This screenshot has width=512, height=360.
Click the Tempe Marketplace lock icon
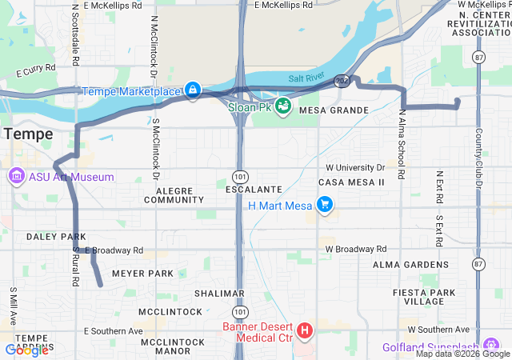point(193,90)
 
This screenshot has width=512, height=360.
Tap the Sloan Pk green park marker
point(282,105)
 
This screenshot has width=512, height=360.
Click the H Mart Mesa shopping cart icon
point(324,206)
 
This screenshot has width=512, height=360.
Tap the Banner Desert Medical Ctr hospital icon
point(304,330)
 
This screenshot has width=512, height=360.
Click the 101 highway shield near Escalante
point(241,174)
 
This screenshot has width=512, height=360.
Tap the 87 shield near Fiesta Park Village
point(478,263)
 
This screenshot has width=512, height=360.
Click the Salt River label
point(307,78)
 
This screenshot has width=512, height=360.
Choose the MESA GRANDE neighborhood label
point(334,110)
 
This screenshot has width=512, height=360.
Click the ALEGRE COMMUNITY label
point(174,195)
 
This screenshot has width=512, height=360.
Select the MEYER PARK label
point(142,274)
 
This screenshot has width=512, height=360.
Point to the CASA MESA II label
point(351,182)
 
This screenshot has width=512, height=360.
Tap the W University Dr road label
point(355,168)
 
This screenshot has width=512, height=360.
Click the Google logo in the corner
point(26,350)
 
